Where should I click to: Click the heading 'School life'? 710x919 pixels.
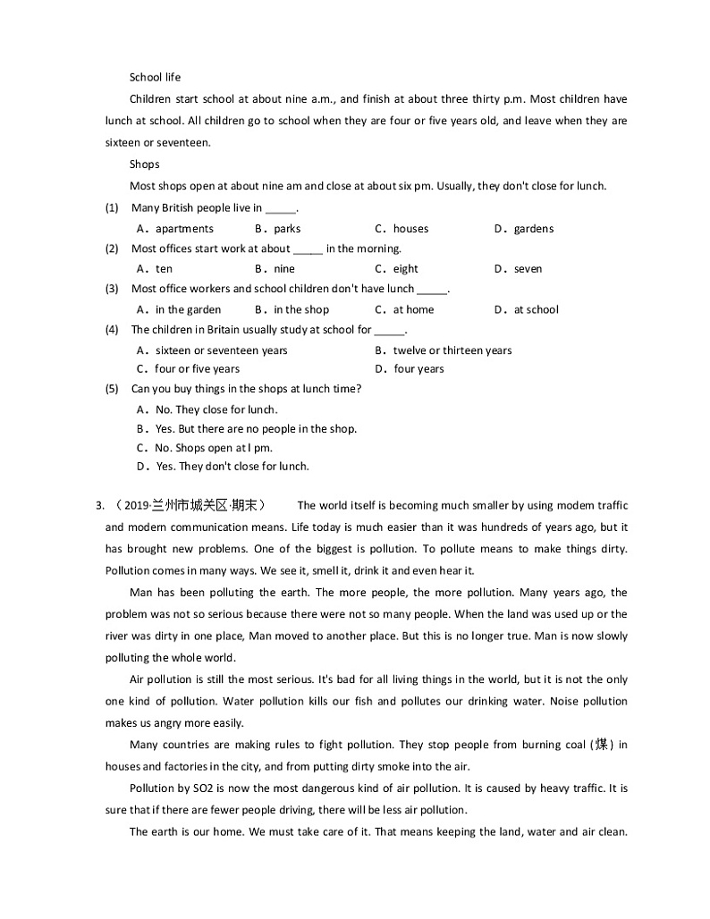pos(155,77)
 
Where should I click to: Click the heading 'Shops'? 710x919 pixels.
pos(144,164)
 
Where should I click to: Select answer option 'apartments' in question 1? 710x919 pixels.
pos(184,229)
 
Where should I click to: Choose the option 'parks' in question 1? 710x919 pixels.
pos(287,229)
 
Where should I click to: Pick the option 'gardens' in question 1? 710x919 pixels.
pos(533,229)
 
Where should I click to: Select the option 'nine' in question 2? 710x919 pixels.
pos(283,269)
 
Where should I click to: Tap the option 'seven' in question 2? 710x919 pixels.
pos(528,269)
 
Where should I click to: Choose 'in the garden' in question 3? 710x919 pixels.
pos(188,310)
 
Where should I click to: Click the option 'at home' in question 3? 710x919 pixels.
pos(413,310)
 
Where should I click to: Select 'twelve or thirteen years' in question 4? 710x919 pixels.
pos(452,350)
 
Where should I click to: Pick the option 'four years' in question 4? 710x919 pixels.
pos(418,369)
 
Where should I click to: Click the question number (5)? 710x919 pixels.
pos(112,389)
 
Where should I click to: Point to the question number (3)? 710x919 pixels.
pos(112,289)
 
